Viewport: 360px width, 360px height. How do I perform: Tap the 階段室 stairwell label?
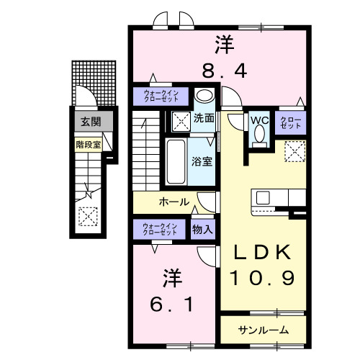click(89, 144)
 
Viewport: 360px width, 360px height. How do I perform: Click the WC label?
click(259, 120)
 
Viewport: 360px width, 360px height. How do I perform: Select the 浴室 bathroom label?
click(202, 161)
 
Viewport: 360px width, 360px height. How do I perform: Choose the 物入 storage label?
click(202, 230)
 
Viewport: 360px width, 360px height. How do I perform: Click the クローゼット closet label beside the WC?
click(291, 124)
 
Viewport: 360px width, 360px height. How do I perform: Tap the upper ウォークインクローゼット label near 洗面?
click(160, 96)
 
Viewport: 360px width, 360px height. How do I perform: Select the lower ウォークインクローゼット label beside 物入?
click(160, 230)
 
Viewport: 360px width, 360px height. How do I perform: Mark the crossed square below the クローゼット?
click(294, 150)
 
